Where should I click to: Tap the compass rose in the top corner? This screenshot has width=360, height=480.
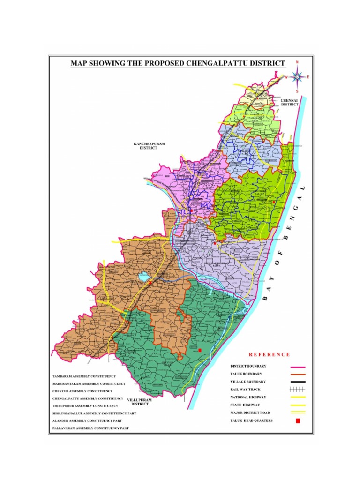coord(297,76)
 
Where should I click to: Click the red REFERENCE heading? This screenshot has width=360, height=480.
coord(269,354)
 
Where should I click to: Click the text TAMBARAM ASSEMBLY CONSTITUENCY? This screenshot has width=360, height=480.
coord(83,376)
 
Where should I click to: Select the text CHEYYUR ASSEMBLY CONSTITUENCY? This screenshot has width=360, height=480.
coord(82,391)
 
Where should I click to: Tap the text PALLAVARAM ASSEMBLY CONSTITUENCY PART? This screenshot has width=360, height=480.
coord(90,428)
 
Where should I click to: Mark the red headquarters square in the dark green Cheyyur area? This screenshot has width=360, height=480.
coord(200,350)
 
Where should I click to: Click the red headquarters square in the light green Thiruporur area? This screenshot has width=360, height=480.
coord(274,202)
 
